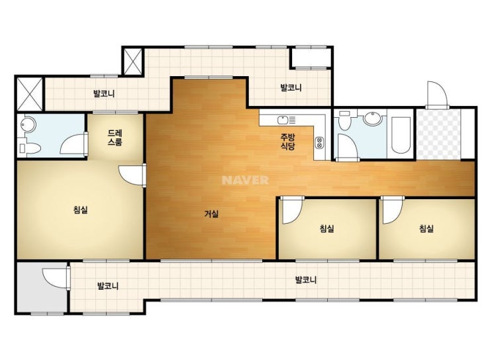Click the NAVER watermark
click(x=245, y=180)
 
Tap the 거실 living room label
click(x=211, y=214)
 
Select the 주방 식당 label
click(x=288, y=142)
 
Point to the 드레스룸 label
click(x=115, y=138)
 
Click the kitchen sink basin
click(x=283, y=120)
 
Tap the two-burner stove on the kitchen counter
click(x=320, y=143)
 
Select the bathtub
click(x=401, y=135)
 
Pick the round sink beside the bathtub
click(x=372, y=118)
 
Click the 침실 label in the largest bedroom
click(x=81, y=210)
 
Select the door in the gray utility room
click(x=56, y=277)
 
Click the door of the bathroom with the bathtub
click(x=348, y=148)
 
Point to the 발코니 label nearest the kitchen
click(x=291, y=87)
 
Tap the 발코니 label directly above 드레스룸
click(x=104, y=93)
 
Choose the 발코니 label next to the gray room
click(x=108, y=286)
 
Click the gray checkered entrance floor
click(x=438, y=134)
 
